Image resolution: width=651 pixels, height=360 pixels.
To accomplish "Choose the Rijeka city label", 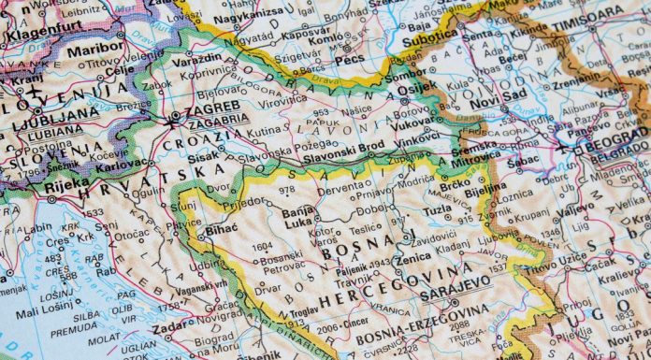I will tap(65, 196).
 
